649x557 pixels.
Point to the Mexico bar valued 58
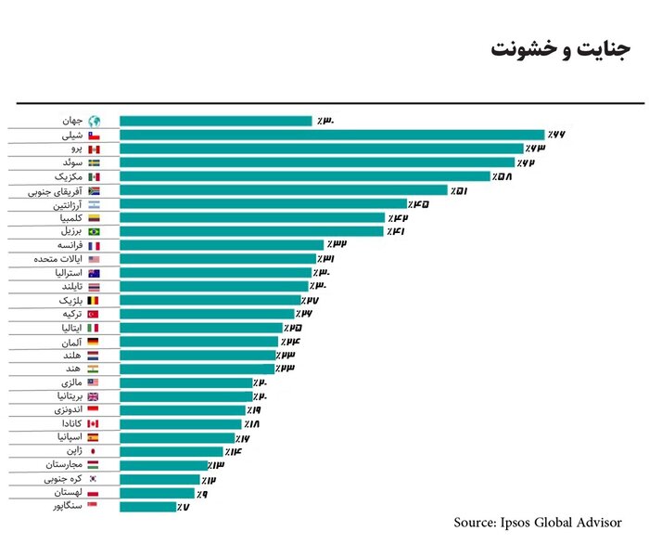coord(305,176)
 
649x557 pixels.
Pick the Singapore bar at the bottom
coord(147,507)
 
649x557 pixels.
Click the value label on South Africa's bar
coord(458,190)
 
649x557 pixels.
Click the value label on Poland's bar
coord(201,493)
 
